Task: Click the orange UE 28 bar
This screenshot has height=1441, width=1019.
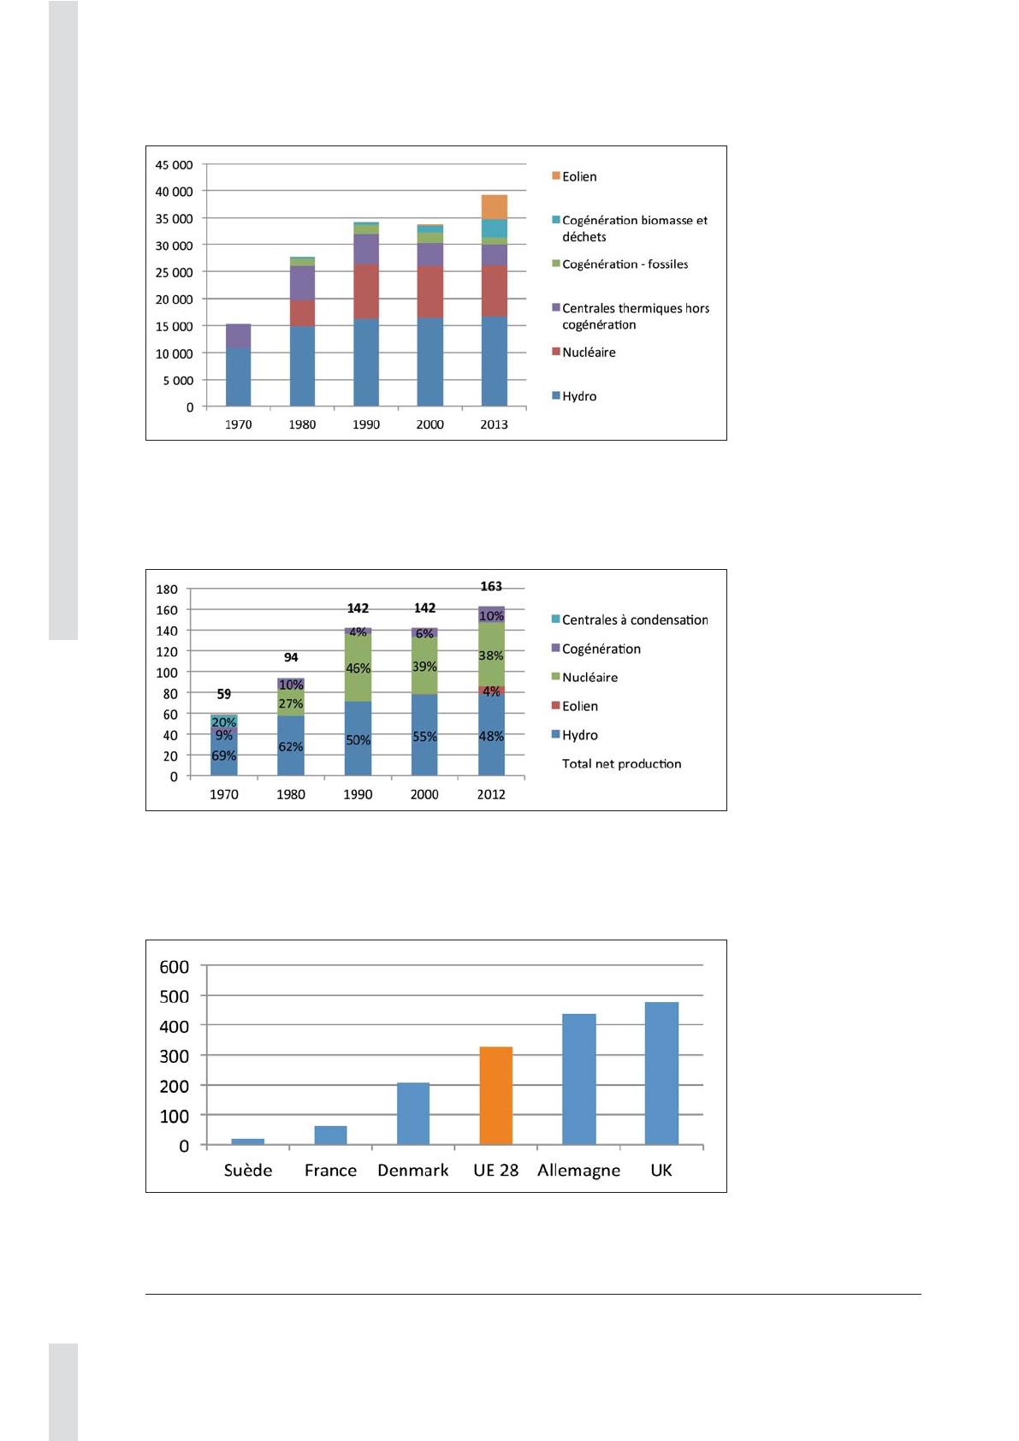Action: [495, 1095]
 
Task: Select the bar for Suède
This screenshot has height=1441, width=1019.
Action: [247, 1142]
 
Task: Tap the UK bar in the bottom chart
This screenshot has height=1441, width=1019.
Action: [661, 1073]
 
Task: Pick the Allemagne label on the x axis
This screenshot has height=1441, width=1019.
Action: [578, 1171]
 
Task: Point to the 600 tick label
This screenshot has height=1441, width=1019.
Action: [175, 967]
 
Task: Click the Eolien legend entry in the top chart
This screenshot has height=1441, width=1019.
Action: [579, 176]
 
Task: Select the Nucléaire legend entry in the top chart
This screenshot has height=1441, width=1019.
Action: [589, 352]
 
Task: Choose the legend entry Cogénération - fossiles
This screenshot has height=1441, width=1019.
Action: [625, 264]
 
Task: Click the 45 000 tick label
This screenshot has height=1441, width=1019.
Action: [174, 164]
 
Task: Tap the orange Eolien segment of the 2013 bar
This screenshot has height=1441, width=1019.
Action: [494, 206]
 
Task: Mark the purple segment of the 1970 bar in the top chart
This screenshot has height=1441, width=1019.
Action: [238, 335]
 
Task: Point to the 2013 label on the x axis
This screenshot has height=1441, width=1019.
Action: [494, 424]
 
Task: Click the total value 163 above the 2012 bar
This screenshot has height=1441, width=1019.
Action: [491, 586]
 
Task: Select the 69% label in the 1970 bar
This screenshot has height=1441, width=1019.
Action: [223, 756]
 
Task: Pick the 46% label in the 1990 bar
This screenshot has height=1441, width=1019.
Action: [358, 668]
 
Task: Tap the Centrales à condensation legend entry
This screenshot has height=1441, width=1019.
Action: [634, 620]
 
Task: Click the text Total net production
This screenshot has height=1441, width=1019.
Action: [621, 763]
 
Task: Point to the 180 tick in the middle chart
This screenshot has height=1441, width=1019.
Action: [167, 590]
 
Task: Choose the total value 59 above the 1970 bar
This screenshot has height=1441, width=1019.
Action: [223, 694]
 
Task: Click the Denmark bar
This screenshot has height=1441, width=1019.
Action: [413, 1113]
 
